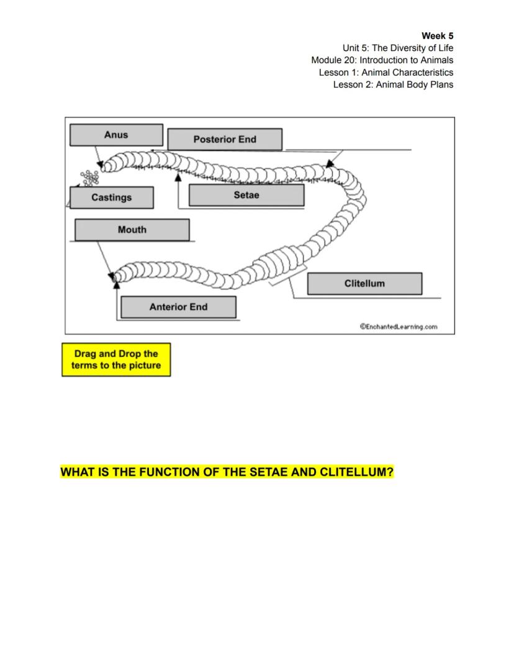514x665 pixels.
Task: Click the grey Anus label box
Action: point(116,135)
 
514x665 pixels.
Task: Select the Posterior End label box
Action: point(225,139)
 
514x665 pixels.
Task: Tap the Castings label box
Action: point(112,197)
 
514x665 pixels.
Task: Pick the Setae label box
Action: point(246,195)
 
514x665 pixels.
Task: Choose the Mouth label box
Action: point(132,230)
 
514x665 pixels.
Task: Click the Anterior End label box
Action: point(178,307)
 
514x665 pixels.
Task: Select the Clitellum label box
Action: point(364,283)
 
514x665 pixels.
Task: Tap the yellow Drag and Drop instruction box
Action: point(116,360)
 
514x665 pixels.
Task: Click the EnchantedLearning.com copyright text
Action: point(399,327)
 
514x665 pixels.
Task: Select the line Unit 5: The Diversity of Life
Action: point(397,48)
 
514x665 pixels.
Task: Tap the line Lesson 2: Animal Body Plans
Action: point(393,84)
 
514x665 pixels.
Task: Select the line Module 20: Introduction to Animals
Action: point(382,60)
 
